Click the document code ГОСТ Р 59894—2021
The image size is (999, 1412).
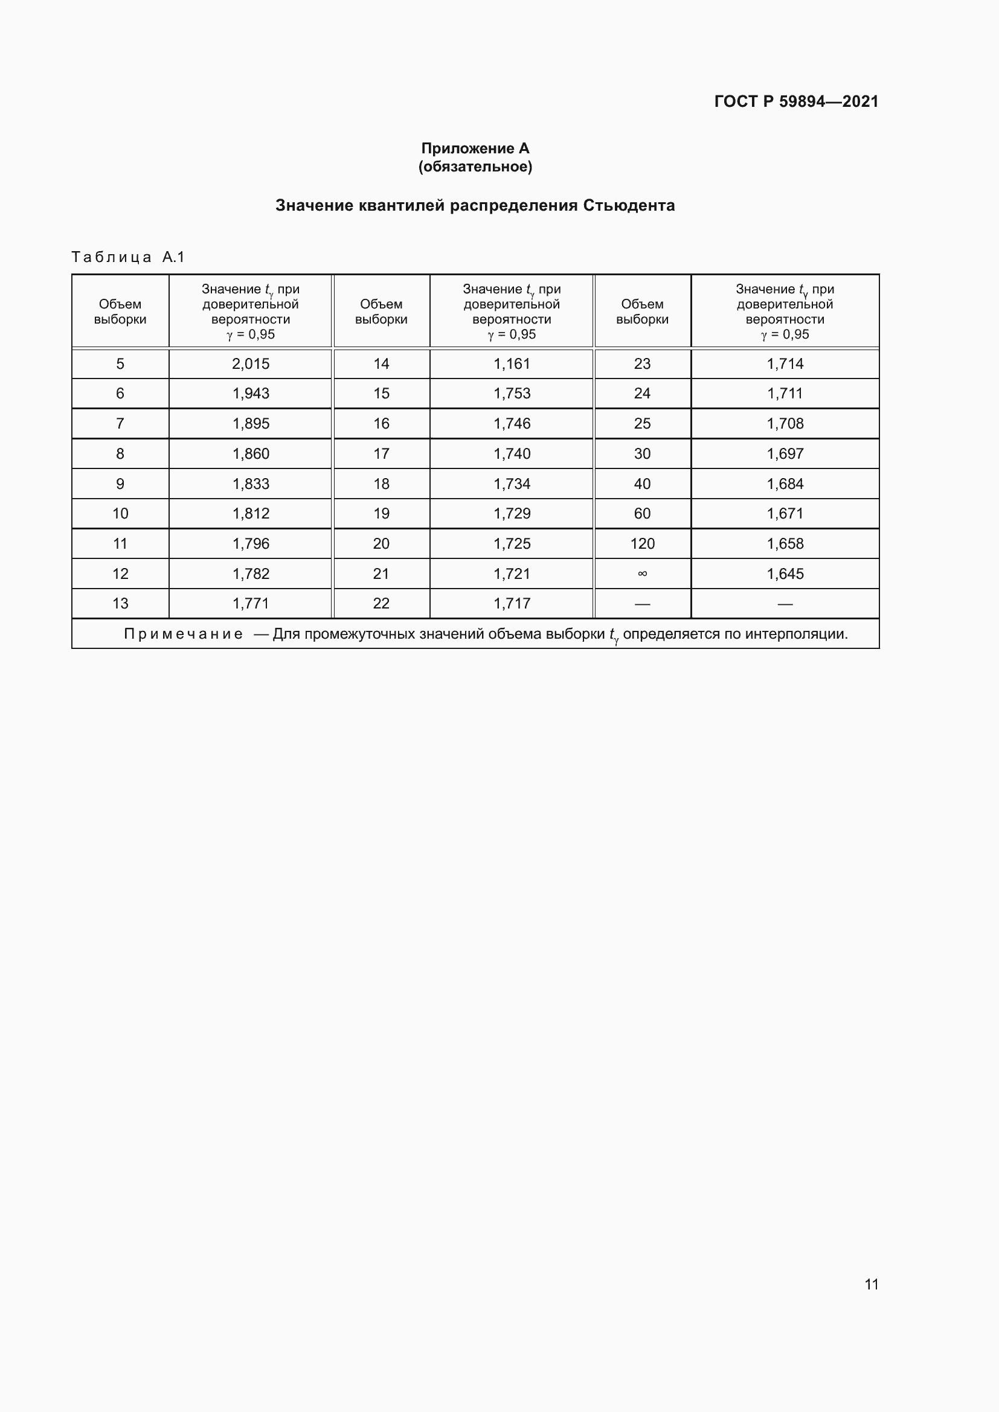[x=796, y=101]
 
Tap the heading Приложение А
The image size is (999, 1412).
[x=475, y=149]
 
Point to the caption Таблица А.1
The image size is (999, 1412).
[x=128, y=257]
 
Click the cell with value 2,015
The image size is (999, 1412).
[x=251, y=364]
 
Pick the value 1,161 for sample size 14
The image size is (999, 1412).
[x=511, y=364]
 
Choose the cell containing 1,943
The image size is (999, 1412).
[x=251, y=394]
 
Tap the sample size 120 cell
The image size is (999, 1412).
[x=642, y=544]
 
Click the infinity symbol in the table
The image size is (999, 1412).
[x=642, y=573]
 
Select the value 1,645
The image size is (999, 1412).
[x=785, y=573]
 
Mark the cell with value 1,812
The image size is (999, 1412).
[x=251, y=514]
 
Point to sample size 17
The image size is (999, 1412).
[x=381, y=454]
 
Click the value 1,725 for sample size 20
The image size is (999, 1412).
[x=511, y=544]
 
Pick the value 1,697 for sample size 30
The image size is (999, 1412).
[x=785, y=454]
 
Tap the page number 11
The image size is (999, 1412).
[x=871, y=1284]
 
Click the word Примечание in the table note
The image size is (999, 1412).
[x=184, y=634]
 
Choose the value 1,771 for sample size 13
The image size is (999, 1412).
[x=251, y=604]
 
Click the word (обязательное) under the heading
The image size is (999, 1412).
[x=475, y=167]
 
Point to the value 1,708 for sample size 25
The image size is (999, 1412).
[x=785, y=424]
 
